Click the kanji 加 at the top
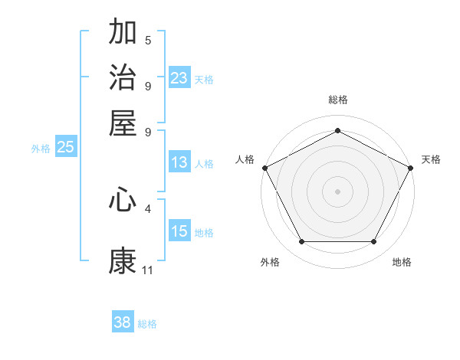click(x=123, y=33)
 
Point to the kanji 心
click(x=123, y=200)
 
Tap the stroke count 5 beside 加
click(x=148, y=41)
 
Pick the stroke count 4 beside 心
click(x=148, y=208)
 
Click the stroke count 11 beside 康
click(x=148, y=270)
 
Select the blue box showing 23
click(x=179, y=78)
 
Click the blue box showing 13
click(x=179, y=162)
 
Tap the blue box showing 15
click(x=179, y=231)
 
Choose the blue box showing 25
click(x=65, y=147)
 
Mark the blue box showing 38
click(x=123, y=322)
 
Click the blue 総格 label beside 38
click(x=147, y=324)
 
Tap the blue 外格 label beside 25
click(x=41, y=149)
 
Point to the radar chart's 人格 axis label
click(x=245, y=159)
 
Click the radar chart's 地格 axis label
click(x=402, y=263)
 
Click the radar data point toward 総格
click(x=337, y=130)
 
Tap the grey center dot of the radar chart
click(x=337, y=191)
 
